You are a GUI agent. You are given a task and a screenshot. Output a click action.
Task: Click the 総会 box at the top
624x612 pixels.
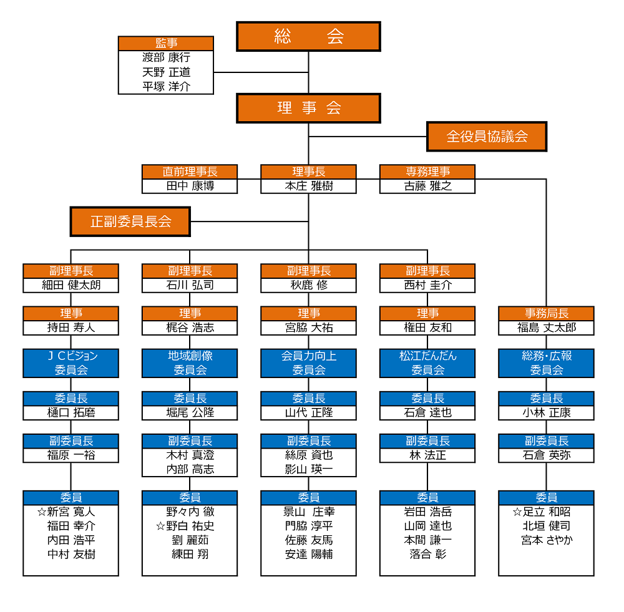pyautogui.click(x=308, y=37)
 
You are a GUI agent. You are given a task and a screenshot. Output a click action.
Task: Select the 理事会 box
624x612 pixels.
pyautogui.click(x=308, y=108)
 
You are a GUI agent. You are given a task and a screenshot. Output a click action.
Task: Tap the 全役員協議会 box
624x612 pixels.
pyautogui.click(x=487, y=137)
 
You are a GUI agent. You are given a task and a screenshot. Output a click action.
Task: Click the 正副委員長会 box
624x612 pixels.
pyautogui.click(x=130, y=221)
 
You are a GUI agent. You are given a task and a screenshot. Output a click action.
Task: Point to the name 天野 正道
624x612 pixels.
pyautogui.click(x=167, y=72)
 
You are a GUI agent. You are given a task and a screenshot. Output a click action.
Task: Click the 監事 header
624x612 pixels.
pyautogui.click(x=166, y=43)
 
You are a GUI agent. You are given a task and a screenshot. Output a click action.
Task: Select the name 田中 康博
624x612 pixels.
pyautogui.click(x=190, y=186)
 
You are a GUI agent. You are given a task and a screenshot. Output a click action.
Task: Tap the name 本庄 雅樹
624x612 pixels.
pyautogui.click(x=308, y=186)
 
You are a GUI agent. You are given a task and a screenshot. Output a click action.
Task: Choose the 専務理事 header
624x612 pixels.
pyautogui.click(x=427, y=172)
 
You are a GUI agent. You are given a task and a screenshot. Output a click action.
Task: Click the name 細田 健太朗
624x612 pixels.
pyautogui.click(x=71, y=285)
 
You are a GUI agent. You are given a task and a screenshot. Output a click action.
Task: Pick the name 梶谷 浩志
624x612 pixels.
pyautogui.click(x=190, y=328)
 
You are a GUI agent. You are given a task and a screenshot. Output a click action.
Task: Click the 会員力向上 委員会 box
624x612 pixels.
pyautogui.click(x=308, y=363)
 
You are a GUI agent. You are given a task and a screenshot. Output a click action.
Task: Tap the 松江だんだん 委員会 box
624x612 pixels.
pyautogui.click(x=427, y=363)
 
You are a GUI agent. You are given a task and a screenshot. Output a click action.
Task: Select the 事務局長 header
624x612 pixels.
pyautogui.click(x=547, y=313)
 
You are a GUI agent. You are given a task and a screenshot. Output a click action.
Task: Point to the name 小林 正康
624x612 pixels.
pyautogui.click(x=547, y=412)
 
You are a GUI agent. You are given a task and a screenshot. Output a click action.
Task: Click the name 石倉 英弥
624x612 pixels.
pyautogui.click(x=547, y=455)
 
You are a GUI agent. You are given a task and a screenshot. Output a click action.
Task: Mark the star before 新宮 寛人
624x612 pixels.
pyautogui.click(x=42, y=512)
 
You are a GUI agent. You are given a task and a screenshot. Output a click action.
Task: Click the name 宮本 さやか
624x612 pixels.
pyautogui.click(x=547, y=540)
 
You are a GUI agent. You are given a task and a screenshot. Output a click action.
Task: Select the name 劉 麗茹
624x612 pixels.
pyautogui.click(x=190, y=540)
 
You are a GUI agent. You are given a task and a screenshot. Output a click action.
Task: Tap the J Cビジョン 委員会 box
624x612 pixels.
pyautogui.click(x=71, y=363)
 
